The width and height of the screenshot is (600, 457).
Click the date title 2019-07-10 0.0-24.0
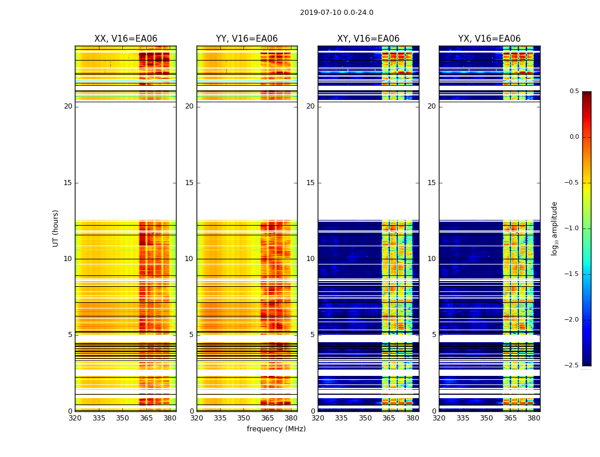coord(337,13)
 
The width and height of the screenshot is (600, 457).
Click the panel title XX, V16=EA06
coord(126,39)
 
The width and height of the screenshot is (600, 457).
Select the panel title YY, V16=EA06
coord(247,39)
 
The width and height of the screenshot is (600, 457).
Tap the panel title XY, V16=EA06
coord(368,39)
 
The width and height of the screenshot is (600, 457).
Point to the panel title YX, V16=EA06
coord(489,39)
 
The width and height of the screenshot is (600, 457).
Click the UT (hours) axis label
coord(56,228)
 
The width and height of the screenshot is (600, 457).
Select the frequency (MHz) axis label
coord(276,429)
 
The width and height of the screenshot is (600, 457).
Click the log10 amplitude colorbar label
coord(554,228)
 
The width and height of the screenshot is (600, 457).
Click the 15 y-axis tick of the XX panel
coord(68,183)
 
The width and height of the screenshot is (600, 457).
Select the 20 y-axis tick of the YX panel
coord(431,106)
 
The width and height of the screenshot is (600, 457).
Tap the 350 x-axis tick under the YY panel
coord(244,418)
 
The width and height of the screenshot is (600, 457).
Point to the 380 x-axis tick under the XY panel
coord(413,418)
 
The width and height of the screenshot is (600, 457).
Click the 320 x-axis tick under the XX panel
coord(75,418)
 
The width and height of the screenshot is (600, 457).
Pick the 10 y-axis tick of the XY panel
coord(310,259)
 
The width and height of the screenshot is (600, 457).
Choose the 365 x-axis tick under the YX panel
coord(510,418)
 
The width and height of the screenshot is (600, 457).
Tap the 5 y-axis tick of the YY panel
coord(191,335)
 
